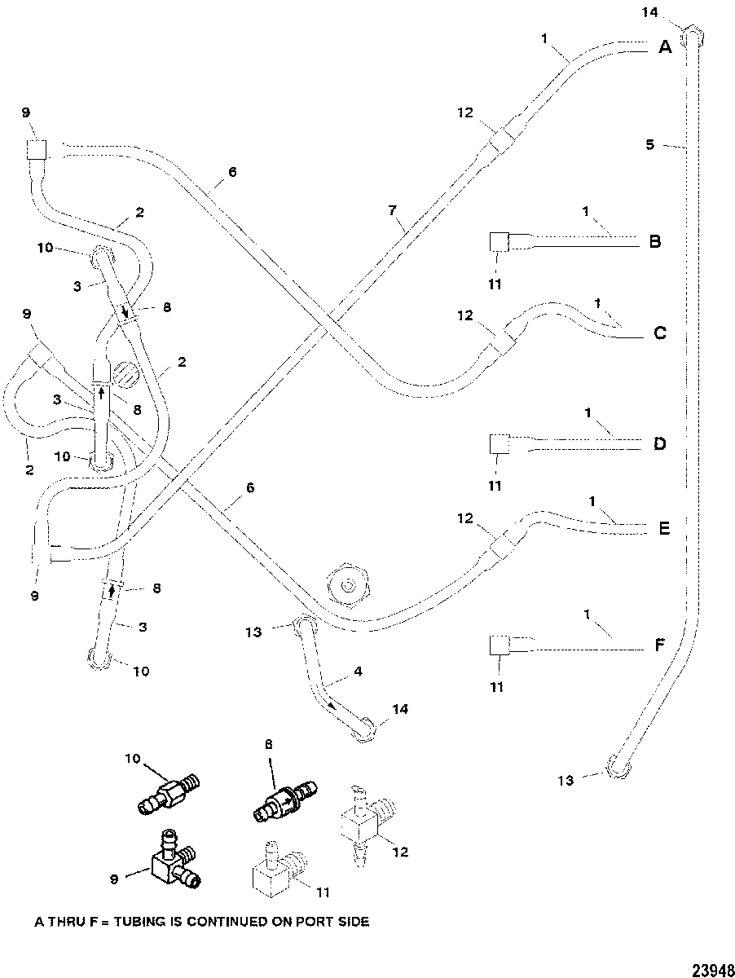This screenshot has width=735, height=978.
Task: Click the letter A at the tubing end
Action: (665, 46)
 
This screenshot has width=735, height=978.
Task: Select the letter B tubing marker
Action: (655, 241)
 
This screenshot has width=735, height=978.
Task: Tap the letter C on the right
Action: (660, 333)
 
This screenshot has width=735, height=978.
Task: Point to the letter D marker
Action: (660, 444)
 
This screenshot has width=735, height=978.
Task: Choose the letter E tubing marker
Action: (664, 528)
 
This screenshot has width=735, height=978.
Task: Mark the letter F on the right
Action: (661, 645)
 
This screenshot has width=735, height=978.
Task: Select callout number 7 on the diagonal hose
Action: (392, 210)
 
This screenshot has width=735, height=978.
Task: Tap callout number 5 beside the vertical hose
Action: (650, 145)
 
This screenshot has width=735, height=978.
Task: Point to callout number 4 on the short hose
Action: (358, 671)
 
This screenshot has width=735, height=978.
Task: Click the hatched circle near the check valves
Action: (125, 372)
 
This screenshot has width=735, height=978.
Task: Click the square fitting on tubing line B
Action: (499, 242)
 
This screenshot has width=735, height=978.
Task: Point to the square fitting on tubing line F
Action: (499, 645)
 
